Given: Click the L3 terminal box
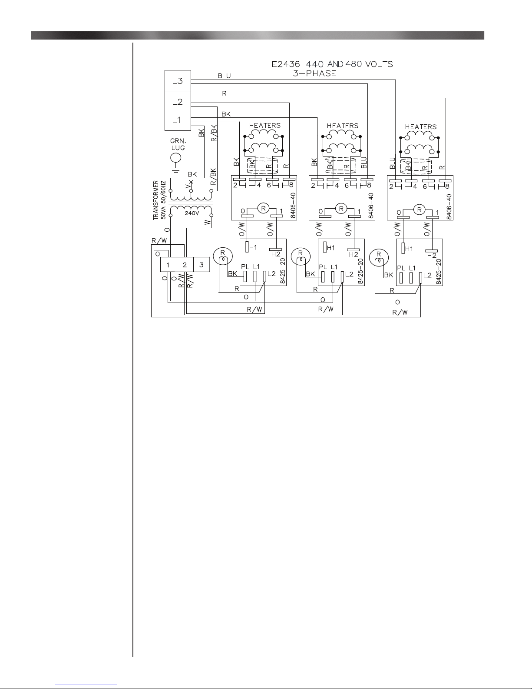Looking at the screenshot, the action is click(x=178, y=81).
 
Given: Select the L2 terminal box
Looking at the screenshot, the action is click(x=178, y=102).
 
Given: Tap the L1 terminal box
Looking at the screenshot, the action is click(x=177, y=120).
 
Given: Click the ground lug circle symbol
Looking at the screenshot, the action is click(x=175, y=159).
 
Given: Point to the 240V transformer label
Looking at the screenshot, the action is click(x=192, y=214).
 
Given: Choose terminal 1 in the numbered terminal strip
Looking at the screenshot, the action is click(x=168, y=264).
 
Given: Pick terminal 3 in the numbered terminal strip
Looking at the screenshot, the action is click(x=201, y=264).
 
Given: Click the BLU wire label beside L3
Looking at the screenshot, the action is click(x=224, y=76).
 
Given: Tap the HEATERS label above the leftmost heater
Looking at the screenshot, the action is click(x=265, y=125).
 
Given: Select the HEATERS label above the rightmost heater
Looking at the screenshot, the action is click(x=421, y=127).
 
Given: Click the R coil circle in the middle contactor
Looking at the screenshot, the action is click(x=341, y=209).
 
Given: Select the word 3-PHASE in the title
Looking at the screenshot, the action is click(x=315, y=73).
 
